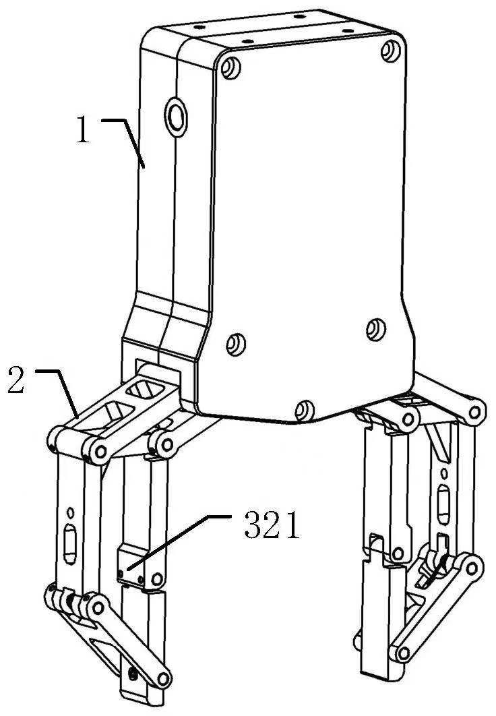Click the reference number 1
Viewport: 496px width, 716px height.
point(83,129)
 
